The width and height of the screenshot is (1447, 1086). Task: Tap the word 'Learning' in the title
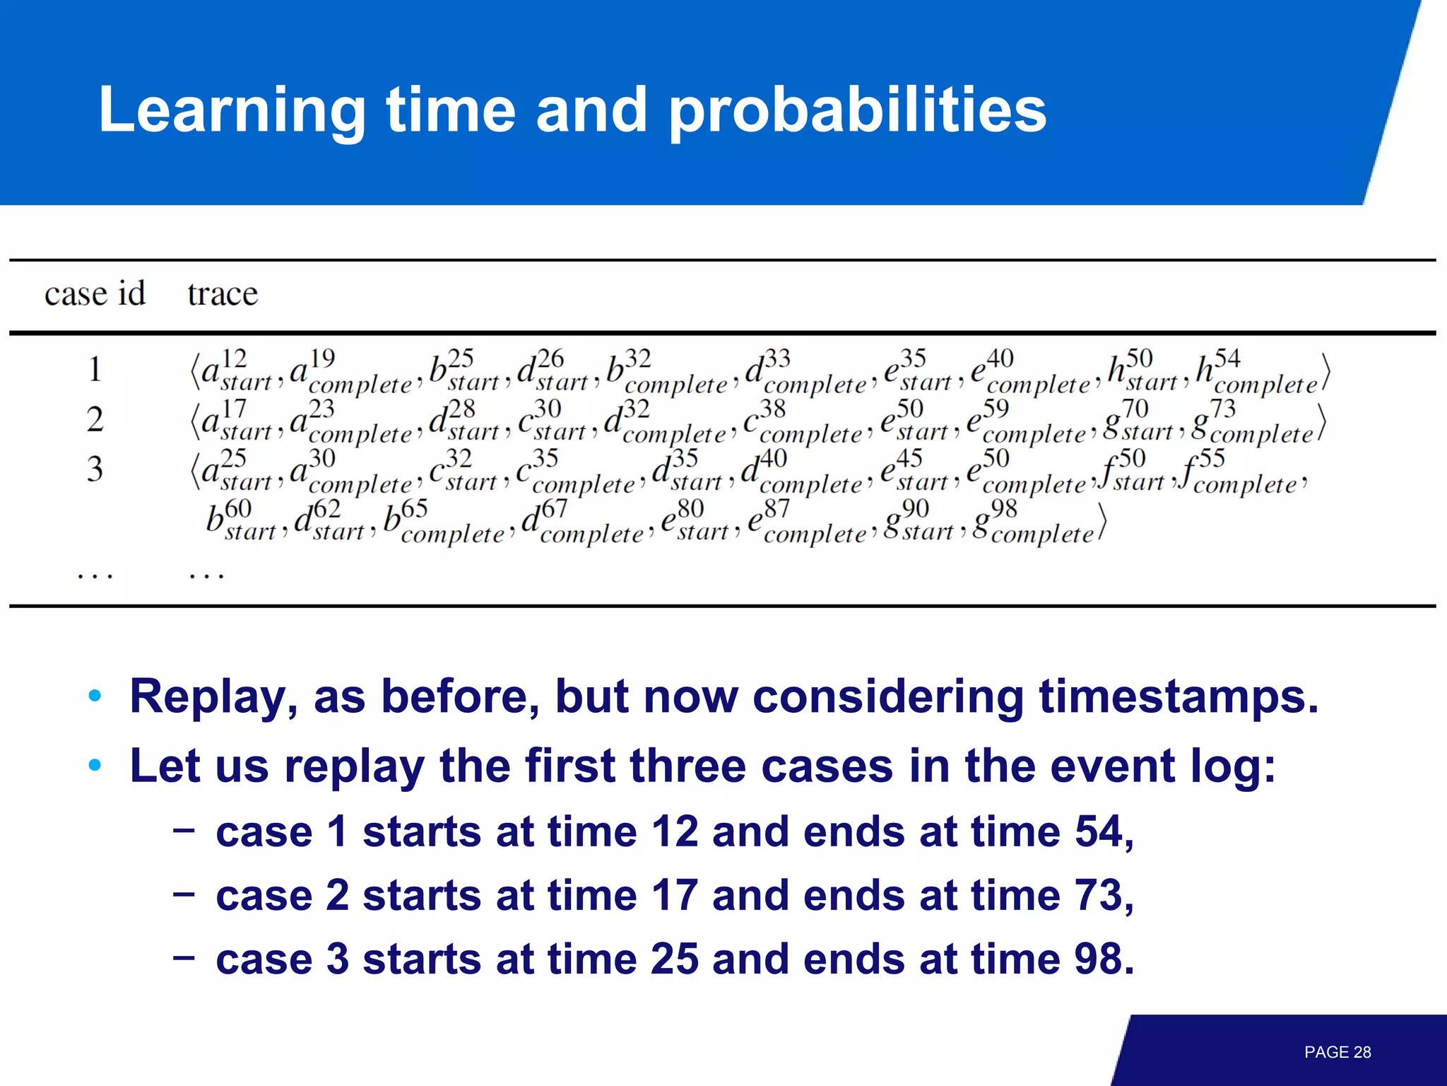(232, 111)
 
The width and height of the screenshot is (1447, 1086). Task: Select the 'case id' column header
(95, 293)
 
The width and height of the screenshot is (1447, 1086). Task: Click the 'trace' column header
(223, 293)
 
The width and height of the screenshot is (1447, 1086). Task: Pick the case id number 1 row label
(95, 370)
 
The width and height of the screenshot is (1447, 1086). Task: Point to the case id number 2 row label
(95, 420)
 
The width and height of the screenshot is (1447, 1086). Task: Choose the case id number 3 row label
(95, 469)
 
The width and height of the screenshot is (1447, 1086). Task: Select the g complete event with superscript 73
(1251, 423)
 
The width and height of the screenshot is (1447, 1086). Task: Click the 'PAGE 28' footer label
(1337, 1052)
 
